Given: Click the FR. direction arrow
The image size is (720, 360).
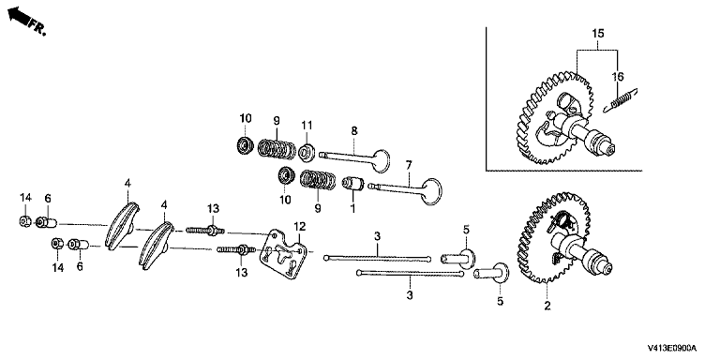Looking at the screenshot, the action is [x=19, y=16].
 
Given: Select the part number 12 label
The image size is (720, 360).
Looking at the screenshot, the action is [x=299, y=226].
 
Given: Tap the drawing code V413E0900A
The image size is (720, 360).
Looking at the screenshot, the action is [x=672, y=348].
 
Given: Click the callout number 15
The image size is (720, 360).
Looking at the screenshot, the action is [x=598, y=33].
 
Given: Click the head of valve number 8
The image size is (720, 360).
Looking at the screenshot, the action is [x=382, y=160].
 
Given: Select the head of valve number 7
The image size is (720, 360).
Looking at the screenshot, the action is [x=431, y=191].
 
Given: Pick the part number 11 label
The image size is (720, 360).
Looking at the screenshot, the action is [x=307, y=125].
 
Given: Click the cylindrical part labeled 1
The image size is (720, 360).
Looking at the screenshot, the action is [x=354, y=184].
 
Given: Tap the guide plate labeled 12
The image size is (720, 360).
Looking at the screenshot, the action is [x=282, y=254].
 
